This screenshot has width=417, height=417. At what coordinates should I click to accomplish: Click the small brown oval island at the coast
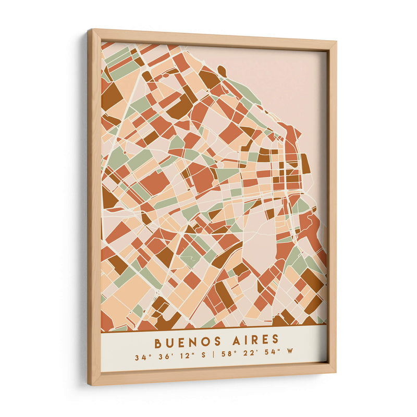tap(222, 70)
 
